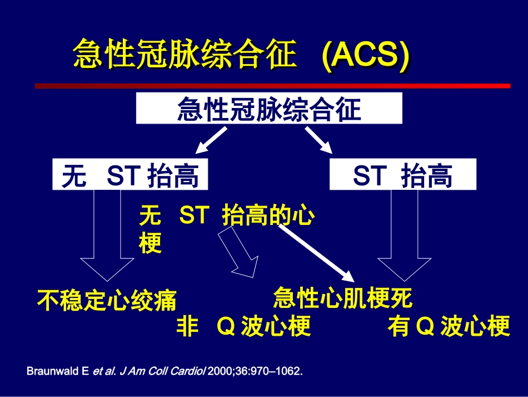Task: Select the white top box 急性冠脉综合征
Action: [x=270, y=109]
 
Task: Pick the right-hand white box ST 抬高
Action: [x=403, y=174]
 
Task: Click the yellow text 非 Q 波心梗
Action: [x=243, y=327]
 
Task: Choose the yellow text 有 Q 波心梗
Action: [x=449, y=327]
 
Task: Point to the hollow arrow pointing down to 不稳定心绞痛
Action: [x=108, y=239]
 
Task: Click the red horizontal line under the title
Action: [x=272, y=86]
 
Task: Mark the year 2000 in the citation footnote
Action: [x=218, y=371]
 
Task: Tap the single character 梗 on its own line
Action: [x=150, y=243]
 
